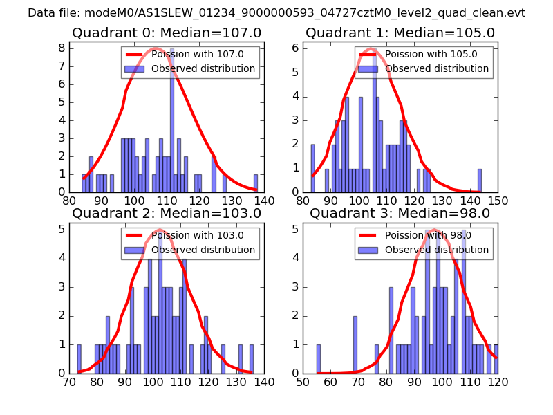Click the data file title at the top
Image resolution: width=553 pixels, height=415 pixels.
(x=276, y=13)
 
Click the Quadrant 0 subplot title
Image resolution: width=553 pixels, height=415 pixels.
(x=166, y=33)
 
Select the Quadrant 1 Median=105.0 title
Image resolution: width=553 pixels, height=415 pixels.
(x=400, y=33)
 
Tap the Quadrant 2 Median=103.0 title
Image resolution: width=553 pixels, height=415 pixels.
(x=166, y=213)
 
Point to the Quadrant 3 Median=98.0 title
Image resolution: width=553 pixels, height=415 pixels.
(x=400, y=213)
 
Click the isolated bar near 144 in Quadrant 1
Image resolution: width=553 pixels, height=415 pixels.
(x=480, y=180)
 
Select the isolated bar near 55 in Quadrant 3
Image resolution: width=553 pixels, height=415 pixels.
(x=319, y=359)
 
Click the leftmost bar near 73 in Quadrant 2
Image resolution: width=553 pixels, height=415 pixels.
(x=79, y=359)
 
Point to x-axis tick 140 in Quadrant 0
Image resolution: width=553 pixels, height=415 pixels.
(x=264, y=201)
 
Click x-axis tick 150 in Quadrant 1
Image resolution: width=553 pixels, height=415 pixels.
(x=498, y=201)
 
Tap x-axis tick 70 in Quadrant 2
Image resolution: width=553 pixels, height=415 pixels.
(x=70, y=382)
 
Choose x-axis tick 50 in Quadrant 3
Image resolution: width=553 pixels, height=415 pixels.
(x=303, y=382)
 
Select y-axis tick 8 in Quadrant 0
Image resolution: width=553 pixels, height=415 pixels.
(x=62, y=48)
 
